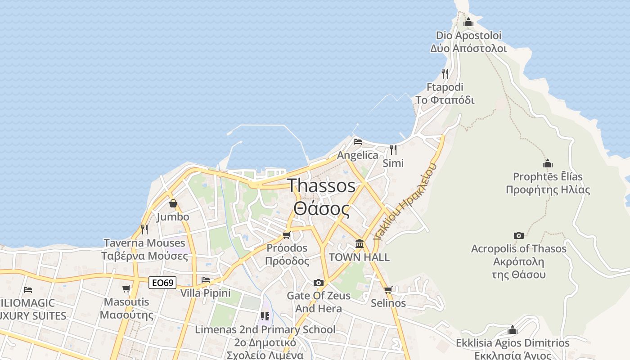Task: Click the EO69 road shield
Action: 162,283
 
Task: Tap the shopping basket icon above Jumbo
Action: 173,203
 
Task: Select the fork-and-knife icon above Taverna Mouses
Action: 144,229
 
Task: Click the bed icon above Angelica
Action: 358,142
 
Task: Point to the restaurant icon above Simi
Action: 393,149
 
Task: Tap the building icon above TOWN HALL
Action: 360,244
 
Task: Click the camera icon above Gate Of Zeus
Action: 319,283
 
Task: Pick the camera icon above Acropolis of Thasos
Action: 518,235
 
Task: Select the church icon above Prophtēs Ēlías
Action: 548,163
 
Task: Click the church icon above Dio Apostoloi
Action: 468,22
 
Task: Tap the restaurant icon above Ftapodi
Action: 445,73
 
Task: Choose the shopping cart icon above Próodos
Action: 287,235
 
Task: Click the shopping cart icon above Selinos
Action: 388,290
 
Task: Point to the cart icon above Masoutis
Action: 126,288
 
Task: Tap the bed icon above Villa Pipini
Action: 206,280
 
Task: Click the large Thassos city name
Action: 321,185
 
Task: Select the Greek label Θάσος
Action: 321,209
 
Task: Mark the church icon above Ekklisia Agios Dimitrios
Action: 513,330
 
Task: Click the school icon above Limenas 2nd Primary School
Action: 265,316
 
